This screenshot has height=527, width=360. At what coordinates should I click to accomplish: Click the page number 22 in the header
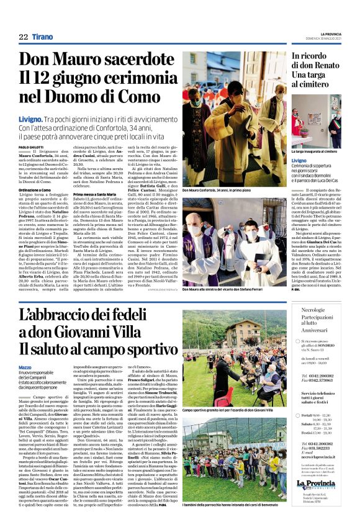click(24, 38)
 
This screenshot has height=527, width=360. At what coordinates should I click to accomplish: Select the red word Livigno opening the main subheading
click(30, 117)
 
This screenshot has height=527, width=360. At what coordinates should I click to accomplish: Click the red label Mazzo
click(25, 367)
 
